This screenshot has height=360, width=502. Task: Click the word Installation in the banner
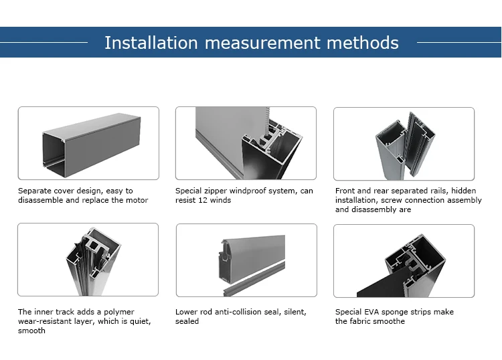pos(151,43)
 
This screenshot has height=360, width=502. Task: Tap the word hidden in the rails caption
pos(463,191)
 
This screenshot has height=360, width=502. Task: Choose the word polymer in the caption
pos(118,312)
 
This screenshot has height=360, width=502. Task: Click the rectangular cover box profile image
pos(92,145)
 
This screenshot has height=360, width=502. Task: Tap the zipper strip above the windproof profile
pos(266,122)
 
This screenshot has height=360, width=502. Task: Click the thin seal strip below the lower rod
pos(254,278)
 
